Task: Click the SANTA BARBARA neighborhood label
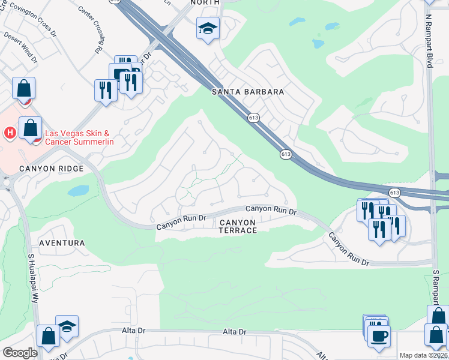click(248, 92)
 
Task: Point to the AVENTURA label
click(62, 243)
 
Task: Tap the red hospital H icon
click(10, 132)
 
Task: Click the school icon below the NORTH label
click(208, 28)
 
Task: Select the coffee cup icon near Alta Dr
click(379, 335)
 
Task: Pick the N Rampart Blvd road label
click(429, 34)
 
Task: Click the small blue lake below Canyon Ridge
click(79, 191)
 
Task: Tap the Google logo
click(20, 353)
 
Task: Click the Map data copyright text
click(423, 355)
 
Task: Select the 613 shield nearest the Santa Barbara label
click(253, 118)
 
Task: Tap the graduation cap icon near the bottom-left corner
click(67, 326)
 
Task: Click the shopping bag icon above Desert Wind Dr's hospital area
click(23, 88)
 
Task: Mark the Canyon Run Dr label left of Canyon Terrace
click(181, 223)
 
